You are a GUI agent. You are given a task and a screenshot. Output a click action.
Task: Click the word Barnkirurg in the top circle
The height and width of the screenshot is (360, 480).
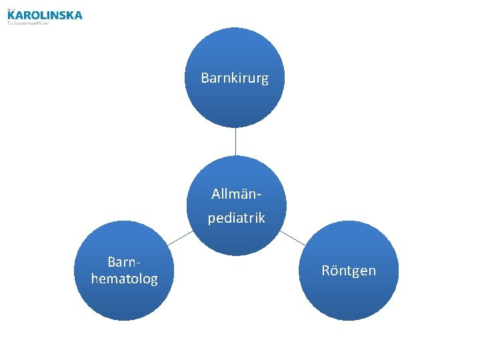[x=235, y=78]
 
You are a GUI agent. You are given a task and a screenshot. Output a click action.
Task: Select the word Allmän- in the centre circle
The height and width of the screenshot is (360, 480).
[x=236, y=194]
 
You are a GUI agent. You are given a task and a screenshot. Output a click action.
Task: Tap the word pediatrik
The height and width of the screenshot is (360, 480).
[x=236, y=218]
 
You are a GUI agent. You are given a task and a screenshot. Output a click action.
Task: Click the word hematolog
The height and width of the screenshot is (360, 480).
[x=125, y=278]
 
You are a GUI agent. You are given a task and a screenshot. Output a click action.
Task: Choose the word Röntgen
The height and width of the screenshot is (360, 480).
[x=348, y=271]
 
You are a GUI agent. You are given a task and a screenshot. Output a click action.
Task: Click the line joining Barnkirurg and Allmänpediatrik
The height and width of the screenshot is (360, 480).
[x=235, y=142]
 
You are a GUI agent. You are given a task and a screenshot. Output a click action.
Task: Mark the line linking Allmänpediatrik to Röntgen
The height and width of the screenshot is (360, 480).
[x=292, y=237]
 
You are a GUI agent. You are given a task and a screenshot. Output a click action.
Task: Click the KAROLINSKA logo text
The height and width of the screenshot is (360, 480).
[x=45, y=15]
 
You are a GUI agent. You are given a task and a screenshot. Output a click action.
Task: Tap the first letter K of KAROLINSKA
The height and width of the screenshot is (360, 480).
[x=11, y=15]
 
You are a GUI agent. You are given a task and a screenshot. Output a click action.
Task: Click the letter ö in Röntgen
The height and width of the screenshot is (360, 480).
[x=333, y=271]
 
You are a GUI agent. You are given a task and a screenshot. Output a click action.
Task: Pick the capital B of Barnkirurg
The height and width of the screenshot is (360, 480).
[x=205, y=78]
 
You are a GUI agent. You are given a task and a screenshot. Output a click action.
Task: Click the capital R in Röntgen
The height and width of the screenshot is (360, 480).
[x=325, y=271]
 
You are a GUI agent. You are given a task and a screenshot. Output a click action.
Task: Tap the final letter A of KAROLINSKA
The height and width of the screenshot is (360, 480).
[x=78, y=15]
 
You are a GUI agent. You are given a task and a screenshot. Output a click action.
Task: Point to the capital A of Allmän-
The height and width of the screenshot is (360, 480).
[x=215, y=194]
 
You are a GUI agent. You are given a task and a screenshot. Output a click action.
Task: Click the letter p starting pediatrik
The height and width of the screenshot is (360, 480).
[x=211, y=219]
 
